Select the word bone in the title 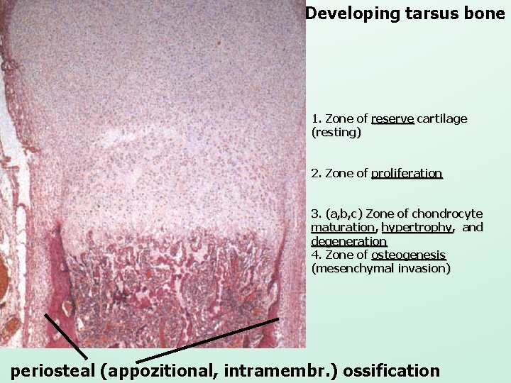point(486,13)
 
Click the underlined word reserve point(392,118)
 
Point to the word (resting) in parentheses point(336,132)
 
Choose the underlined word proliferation point(407,173)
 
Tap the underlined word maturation point(344,227)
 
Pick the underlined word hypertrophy point(416,227)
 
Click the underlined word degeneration point(348,241)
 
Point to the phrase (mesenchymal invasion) point(380,269)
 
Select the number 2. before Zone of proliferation point(317,173)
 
